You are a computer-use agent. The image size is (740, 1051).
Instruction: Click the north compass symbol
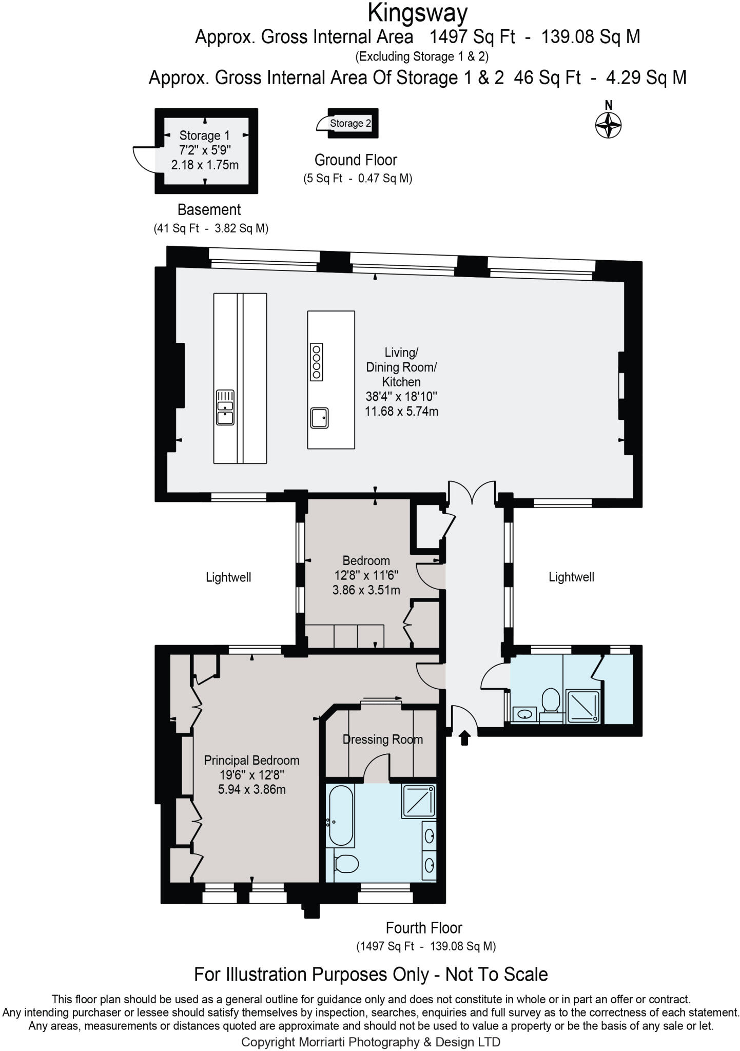608,125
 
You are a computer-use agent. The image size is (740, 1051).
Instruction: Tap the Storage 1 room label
204,136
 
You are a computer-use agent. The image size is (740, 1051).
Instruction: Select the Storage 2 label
350,123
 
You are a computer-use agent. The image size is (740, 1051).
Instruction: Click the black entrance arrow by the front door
464,738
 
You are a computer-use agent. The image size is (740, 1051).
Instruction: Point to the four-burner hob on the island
317,361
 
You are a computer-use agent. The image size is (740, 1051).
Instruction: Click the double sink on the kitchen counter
225,407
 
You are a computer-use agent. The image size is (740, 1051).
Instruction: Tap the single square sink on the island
319,417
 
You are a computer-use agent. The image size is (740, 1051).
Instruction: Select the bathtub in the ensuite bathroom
341,816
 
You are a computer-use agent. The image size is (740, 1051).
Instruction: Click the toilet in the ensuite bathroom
345,864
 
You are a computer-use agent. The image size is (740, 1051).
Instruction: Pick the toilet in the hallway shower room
550,700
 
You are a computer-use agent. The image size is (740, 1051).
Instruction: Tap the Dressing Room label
383,739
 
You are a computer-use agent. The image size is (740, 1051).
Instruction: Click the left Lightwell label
228,577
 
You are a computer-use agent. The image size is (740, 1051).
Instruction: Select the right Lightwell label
571,577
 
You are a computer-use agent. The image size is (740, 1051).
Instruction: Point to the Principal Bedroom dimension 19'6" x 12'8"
251,775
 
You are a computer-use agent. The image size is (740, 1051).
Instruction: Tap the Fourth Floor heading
424,928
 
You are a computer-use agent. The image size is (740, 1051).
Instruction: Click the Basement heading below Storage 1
209,209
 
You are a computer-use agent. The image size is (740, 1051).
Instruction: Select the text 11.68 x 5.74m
401,411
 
